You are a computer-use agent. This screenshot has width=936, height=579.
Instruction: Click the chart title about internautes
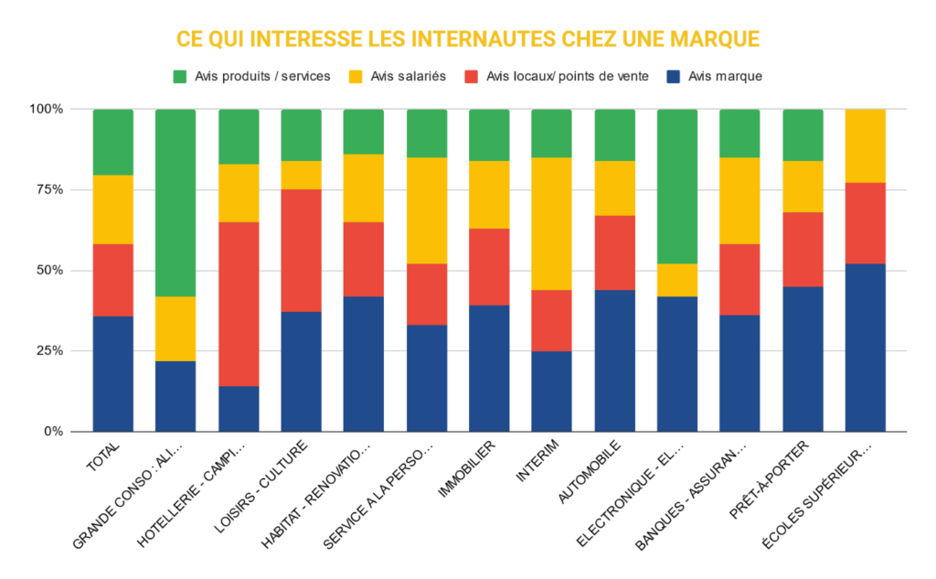point(468,39)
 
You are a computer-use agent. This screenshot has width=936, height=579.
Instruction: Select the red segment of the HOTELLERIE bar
point(239,304)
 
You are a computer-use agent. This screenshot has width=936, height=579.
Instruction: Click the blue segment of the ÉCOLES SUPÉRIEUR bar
point(865,347)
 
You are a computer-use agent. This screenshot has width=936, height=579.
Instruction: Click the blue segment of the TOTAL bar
point(113,373)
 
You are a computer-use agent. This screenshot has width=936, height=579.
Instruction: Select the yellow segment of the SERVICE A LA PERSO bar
point(426,210)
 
